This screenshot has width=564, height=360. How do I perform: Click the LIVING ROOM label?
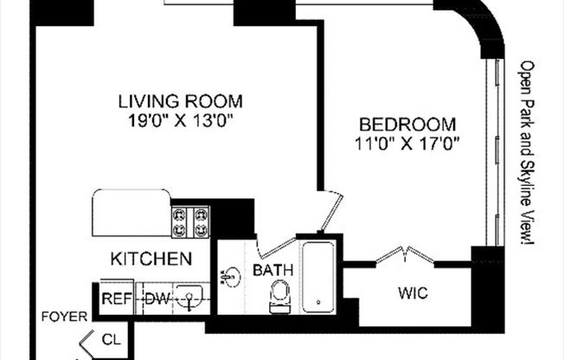180,100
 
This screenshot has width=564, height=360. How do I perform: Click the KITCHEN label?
151,258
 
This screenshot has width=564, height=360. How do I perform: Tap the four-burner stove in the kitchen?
191,222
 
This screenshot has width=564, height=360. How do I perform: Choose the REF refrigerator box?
116,299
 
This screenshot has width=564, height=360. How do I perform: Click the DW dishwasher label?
156,299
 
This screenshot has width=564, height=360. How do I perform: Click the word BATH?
273,271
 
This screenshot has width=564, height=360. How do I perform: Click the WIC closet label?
413,293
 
